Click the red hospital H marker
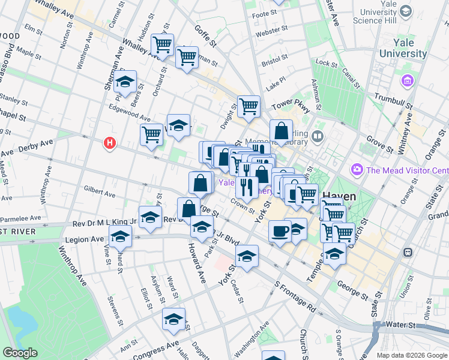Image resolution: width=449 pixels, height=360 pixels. pyautogui.click(x=109, y=143)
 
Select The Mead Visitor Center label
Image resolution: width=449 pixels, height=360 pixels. pyautogui.click(x=407, y=170)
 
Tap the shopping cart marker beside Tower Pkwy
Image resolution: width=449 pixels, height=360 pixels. pyautogui.click(x=249, y=107)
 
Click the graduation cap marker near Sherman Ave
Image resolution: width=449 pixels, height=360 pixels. pyautogui.click(x=125, y=82)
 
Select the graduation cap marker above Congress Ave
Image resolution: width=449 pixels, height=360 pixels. pyautogui.click(x=173, y=320)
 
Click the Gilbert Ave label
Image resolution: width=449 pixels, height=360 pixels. pyautogui.click(x=100, y=193)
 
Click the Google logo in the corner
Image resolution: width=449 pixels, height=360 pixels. pyautogui.click(x=20, y=352)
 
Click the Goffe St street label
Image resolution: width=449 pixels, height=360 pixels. pyautogui.click(x=205, y=35)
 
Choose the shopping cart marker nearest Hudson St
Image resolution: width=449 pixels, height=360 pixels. pyautogui.click(x=162, y=44)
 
